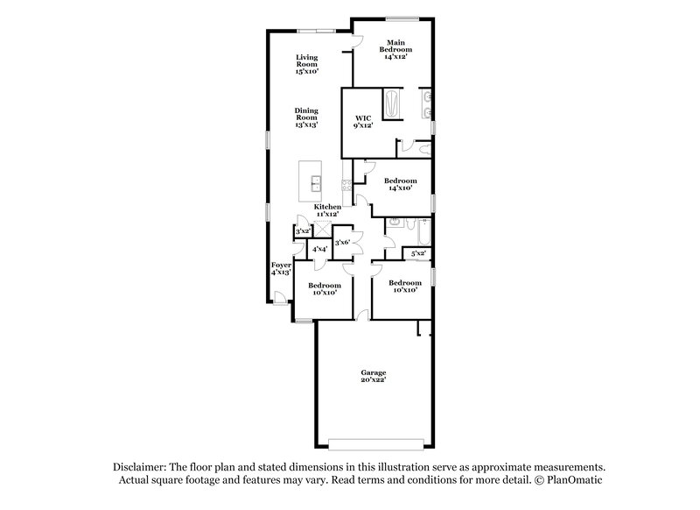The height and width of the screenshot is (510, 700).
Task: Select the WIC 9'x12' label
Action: pyautogui.click(x=363, y=122)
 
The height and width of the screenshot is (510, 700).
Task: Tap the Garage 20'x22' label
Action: pyautogui.click(x=373, y=376)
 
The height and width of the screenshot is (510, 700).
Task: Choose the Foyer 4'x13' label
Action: pyautogui.click(x=280, y=268)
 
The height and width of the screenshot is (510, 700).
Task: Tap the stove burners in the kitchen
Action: pyautogui.click(x=346, y=184)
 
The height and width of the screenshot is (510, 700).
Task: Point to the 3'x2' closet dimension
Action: pyautogui.click(x=303, y=231)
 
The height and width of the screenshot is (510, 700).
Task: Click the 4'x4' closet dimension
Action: pyautogui.click(x=320, y=250)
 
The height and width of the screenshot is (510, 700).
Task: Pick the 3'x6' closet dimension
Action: pyautogui.click(x=342, y=242)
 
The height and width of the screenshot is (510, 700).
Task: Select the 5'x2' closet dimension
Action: pyautogui.click(x=418, y=253)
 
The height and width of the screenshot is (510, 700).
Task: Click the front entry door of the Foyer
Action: pyautogui.click(x=279, y=300)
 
